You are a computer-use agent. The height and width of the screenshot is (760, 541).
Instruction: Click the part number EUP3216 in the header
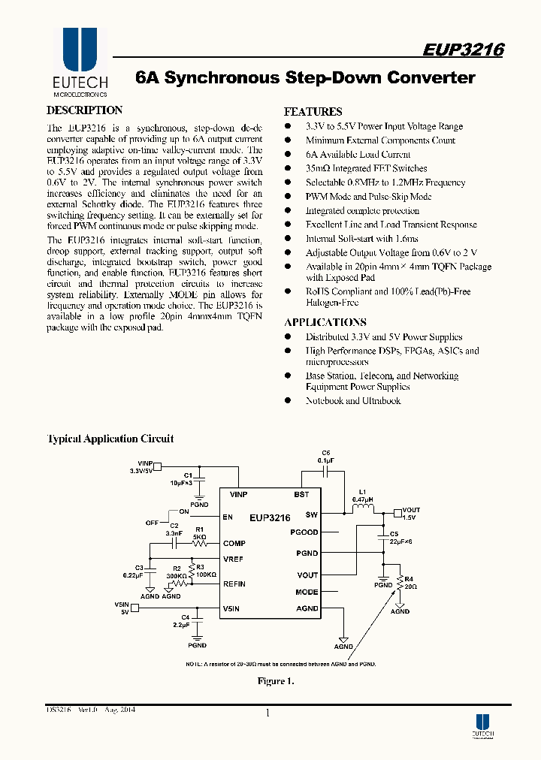tap(463, 50)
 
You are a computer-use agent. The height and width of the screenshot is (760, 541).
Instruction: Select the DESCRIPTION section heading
tap(85, 110)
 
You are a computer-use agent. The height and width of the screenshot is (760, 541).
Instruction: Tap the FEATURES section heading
tap(313, 111)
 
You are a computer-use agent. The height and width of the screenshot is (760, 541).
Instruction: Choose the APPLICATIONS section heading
tap(325, 322)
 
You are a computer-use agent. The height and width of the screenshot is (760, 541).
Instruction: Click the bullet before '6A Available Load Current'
tap(287, 155)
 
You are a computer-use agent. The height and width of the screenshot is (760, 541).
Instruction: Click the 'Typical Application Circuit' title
tap(110, 439)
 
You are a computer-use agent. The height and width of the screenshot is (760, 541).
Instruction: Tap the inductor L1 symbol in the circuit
tap(364, 511)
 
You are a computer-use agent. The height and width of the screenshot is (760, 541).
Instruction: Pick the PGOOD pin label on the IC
tap(304, 532)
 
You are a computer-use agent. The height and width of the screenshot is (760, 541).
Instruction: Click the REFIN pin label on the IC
tap(234, 584)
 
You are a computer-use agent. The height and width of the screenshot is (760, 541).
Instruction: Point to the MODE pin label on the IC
tap(307, 592)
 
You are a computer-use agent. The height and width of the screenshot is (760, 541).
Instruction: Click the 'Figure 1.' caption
tap(275, 681)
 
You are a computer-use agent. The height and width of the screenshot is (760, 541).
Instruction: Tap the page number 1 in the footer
tap(267, 713)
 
